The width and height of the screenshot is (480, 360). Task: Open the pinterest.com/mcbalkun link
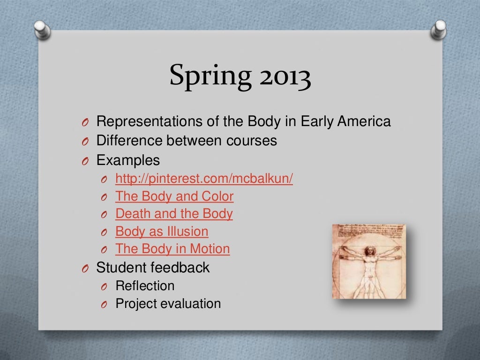pos(204,179)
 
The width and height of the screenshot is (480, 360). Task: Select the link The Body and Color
pos(174,196)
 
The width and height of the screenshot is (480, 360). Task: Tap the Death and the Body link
pos(174,214)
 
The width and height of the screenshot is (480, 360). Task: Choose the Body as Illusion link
pos(162,231)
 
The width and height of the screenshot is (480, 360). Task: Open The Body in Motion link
pos(172,248)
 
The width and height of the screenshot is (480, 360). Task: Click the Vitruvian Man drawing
pos(369,262)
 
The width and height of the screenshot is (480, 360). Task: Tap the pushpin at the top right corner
pos(439,29)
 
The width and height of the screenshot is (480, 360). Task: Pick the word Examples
pos(128,160)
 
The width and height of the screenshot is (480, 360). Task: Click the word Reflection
pos(145,285)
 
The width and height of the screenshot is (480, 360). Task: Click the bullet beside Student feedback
pos(84,269)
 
